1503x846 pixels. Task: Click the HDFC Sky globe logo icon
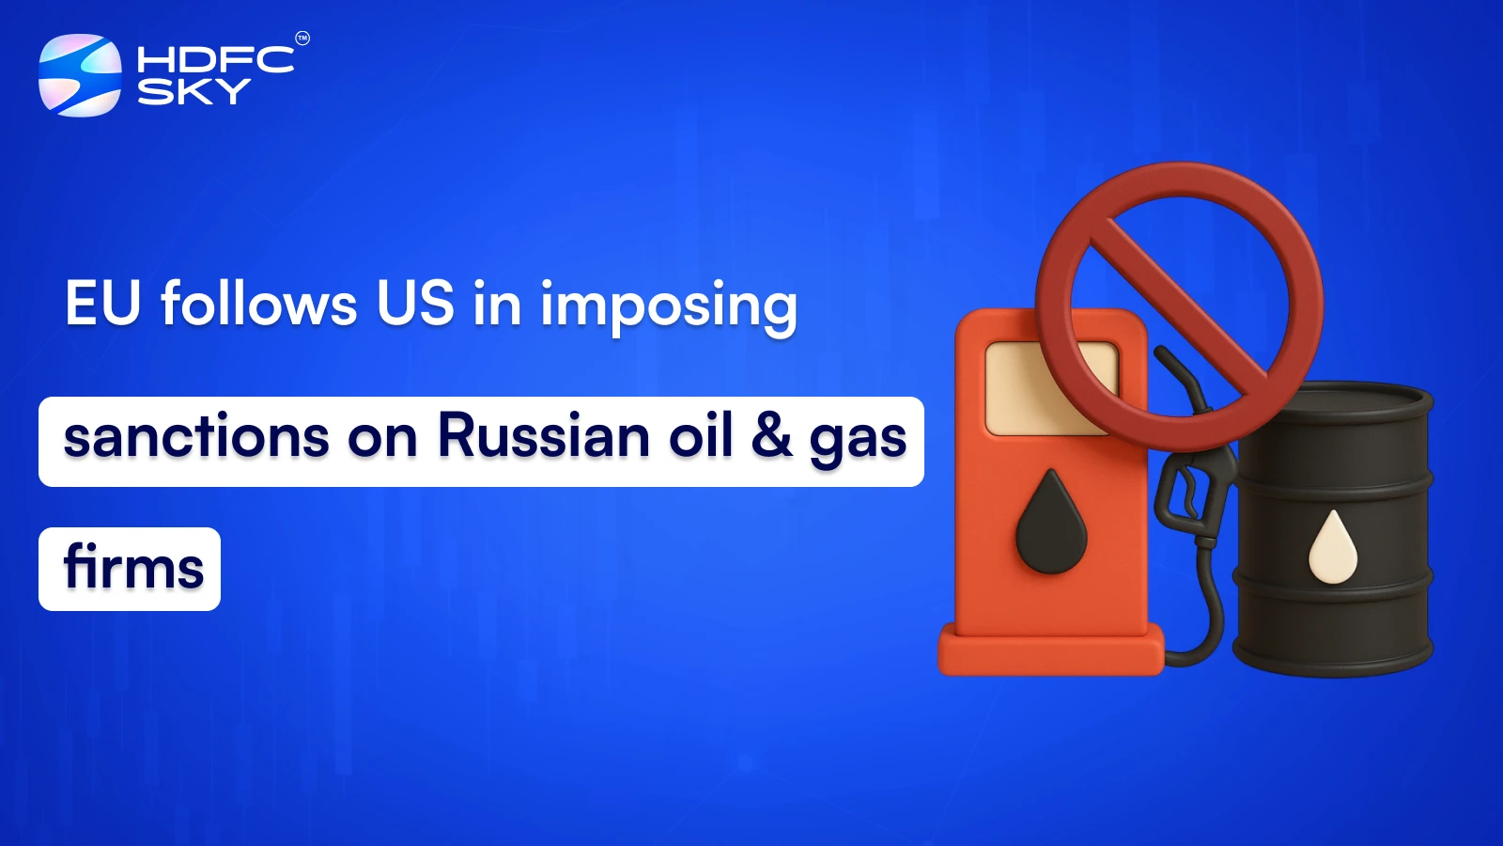(x=80, y=75)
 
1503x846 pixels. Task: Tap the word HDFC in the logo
(x=215, y=60)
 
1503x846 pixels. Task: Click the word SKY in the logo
(x=194, y=91)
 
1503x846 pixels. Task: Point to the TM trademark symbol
(x=302, y=39)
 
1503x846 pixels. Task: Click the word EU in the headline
(x=102, y=304)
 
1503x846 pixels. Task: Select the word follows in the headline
(x=259, y=304)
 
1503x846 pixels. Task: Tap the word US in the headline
(x=415, y=304)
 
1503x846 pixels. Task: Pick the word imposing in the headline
(x=668, y=306)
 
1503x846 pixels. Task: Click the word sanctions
(x=196, y=437)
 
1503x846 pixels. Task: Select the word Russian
(x=544, y=437)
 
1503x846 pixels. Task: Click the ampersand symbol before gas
(x=771, y=437)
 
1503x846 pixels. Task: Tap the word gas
(x=858, y=440)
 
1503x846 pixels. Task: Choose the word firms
(x=133, y=569)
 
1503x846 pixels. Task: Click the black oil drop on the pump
(x=1051, y=525)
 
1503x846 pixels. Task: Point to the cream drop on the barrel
(x=1333, y=548)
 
